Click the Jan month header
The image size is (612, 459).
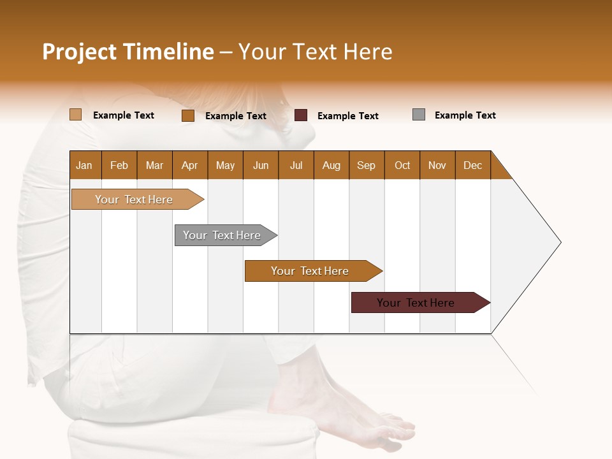click(85, 165)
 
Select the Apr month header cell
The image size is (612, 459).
click(190, 165)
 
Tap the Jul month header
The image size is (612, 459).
click(296, 165)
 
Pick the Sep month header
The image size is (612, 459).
click(367, 165)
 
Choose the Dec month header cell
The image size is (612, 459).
click(472, 165)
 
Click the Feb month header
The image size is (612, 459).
click(119, 165)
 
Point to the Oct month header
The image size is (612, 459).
click(402, 165)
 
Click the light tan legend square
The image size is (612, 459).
click(76, 115)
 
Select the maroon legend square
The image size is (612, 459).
click(301, 115)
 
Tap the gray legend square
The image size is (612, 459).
click(419, 115)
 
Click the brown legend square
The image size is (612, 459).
click(188, 115)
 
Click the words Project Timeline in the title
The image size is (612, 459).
click(127, 52)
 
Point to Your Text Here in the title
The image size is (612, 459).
click(316, 52)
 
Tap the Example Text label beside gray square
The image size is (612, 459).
click(465, 115)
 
